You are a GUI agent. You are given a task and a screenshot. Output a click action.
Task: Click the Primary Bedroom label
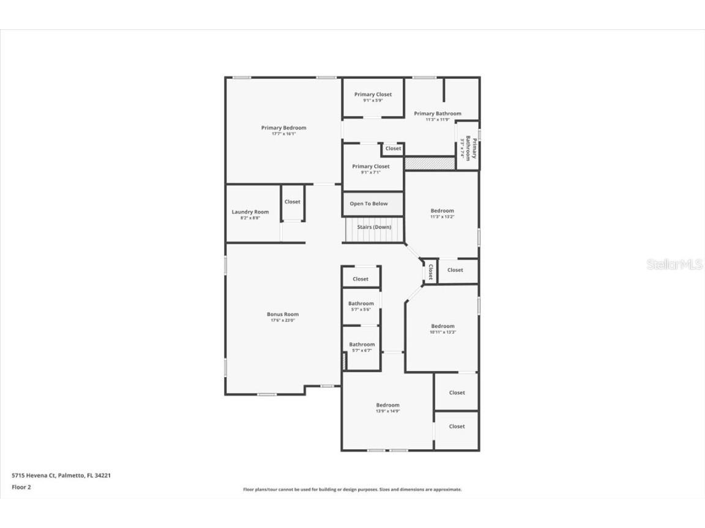pos(283,128)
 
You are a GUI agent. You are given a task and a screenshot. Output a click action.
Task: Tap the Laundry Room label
pos(250,212)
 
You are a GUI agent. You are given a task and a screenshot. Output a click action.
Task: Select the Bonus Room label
pos(283,314)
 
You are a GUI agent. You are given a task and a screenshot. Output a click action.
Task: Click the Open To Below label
pos(368,204)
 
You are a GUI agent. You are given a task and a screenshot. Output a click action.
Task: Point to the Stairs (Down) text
pos(374,227)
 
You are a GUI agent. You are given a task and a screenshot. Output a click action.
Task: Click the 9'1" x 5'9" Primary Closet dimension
pos(373,101)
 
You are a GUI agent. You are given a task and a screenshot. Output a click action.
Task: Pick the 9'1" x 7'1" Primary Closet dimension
pos(370,172)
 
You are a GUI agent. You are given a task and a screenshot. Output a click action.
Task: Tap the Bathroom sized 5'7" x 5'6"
pos(361,304)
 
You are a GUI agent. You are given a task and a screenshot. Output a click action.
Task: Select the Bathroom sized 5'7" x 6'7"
pos(362,345)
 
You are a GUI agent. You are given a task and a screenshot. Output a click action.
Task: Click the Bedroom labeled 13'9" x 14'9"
pos(388,405)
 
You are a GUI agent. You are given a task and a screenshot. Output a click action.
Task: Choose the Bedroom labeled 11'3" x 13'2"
pos(442,211)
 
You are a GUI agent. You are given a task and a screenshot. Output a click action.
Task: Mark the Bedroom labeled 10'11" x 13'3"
pos(442,326)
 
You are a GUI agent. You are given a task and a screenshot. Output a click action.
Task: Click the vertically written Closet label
pos(431,271)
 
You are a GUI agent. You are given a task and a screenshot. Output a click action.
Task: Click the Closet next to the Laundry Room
pos(293,202)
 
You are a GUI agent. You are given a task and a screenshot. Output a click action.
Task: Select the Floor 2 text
pos(21,487)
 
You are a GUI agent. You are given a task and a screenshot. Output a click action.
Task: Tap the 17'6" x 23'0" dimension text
pos(283,320)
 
